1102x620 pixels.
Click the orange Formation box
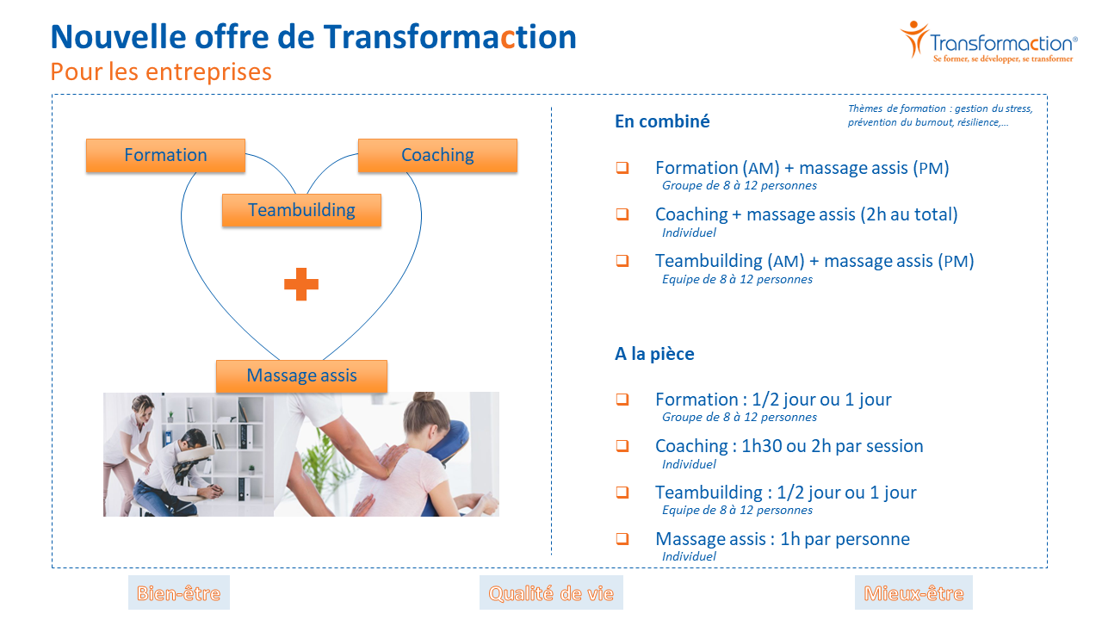pyautogui.click(x=165, y=156)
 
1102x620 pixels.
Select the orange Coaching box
pyautogui.click(x=437, y=156)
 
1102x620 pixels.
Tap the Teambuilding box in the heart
pyautogui.click(x=301, y=210)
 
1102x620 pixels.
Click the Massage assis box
pyautogui.click(x=301, y=376)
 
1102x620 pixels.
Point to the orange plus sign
pyautogui.click(x=301, y=284)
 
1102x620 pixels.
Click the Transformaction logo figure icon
pyautogui.click(x=914, y=39)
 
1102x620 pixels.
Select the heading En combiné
pyautogui.click(x=662, y=121)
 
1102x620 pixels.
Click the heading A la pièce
pyautogui.click(x=654, y=354)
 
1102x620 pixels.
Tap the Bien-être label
pyautogui.click(x=178, y=593)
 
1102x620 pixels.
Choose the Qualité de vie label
pyautogui.click(x=551, y=593)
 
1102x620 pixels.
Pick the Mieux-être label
pyautogui.click(x=913, y=593)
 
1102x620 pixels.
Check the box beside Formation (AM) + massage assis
pyautogui.click(x=622, y=168)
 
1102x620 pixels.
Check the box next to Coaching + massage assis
pyautogui.click(x=622, y=214)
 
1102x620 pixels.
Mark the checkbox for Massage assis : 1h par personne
pyautogui.click(x=622, y=539)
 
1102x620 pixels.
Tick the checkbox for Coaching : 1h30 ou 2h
pyautogui.click(x=622, y=446)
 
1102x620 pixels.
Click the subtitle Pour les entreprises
pyautogui.click(x=161, y=71)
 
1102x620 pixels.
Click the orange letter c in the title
pyautogui.click(x=507, y=39)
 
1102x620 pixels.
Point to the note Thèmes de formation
pyautogui.click(x=939, y=115)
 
